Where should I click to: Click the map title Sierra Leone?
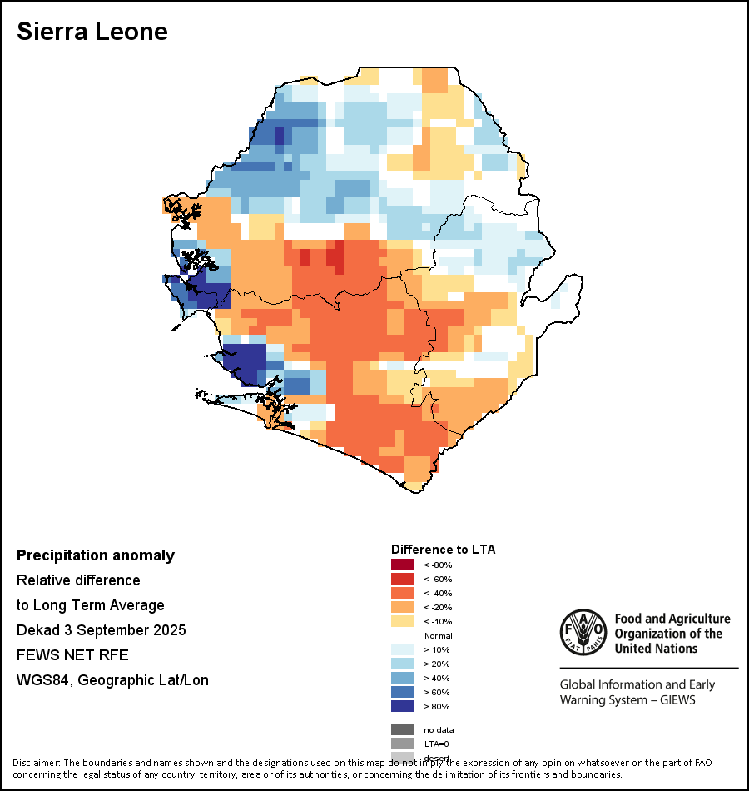coord(92,32)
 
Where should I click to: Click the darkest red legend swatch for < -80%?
coord(402,565)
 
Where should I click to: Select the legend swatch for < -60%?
coord(402,579)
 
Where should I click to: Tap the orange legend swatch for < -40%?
coord(402,593)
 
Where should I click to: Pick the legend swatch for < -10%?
coord(402,621)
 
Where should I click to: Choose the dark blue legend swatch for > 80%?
coord(402,706)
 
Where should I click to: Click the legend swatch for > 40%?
coord(402,678)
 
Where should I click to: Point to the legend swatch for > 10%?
coord(402,649)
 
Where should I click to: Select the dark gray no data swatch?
coord(402,729)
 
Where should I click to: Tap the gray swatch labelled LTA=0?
coord(402,744)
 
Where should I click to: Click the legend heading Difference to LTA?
coord(443,550)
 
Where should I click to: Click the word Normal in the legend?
coord(438,635)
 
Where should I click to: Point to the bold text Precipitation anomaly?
coord(96,555)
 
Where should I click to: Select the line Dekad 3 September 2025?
coord(101,629)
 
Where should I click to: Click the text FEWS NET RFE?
coord(73,654)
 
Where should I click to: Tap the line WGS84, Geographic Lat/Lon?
coord(112,680)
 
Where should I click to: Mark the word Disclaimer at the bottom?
coord(37,762)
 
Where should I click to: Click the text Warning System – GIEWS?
coord(627,699)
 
